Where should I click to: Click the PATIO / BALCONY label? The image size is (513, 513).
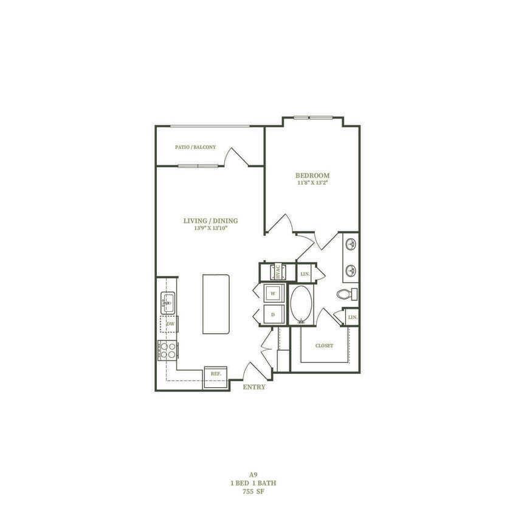195,147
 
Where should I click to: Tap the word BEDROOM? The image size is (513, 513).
312,176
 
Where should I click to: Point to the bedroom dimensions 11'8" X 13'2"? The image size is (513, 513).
312,183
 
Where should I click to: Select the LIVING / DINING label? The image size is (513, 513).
211,221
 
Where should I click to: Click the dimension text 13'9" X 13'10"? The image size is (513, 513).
211,229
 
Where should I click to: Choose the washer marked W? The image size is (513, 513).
273,294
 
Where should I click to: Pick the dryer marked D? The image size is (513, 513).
273,314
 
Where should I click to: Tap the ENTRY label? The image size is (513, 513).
253,387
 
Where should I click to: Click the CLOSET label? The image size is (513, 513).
324,345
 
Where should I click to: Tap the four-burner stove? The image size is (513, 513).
167,349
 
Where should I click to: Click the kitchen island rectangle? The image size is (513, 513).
216,303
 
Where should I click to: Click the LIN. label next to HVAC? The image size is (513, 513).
305,274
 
